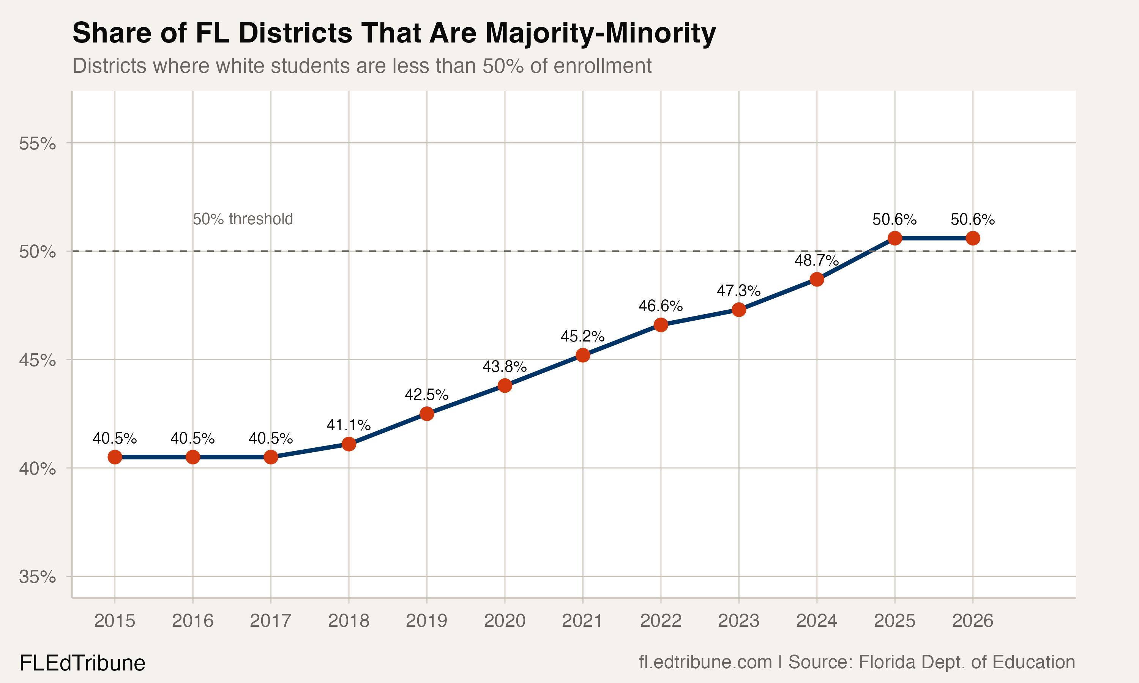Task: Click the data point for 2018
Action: point(349,444)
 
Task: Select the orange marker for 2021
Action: point(583,355)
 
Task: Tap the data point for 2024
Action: point(817,279)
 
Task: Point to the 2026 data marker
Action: point(973,238)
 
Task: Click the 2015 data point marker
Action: point(115,457)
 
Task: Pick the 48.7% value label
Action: point(816,261)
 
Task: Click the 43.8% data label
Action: point(504,367)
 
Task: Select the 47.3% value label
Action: point(738,291)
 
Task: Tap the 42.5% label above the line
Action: point(426,395)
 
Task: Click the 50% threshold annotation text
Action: point(243,219)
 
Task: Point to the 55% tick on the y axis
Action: point(37,143)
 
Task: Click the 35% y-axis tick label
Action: point(37,577)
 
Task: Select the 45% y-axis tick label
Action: point(37,360)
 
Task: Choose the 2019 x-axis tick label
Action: point(426,621)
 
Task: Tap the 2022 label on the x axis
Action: point(661,621)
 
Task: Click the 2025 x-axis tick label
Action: point(894,621)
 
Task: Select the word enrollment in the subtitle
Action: point(603,66)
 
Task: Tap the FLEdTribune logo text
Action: point(82,663)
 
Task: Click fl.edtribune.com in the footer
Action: point(705,662)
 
